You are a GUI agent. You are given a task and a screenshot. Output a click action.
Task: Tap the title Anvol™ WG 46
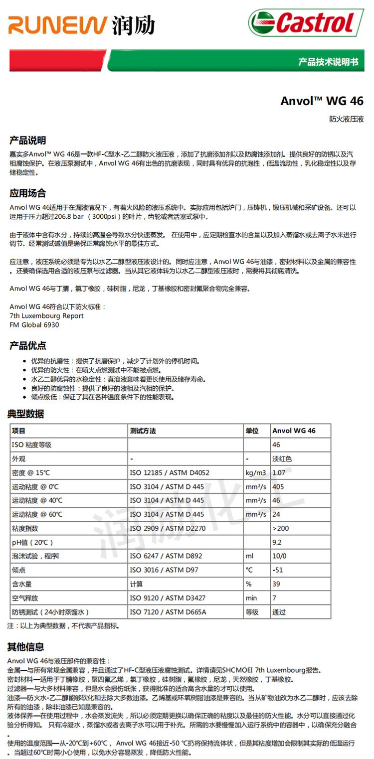(x=322, y=101)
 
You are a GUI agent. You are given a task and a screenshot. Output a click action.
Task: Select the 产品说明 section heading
(x=28, y=140)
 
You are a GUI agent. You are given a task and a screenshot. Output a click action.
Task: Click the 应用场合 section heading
(x=28, y=193)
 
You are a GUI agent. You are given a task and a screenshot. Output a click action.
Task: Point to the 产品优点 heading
(x=28, y=345)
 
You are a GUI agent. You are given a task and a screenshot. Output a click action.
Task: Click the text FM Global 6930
(x=34, y=325)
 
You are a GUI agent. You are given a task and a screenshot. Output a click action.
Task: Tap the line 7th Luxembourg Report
(x=47, y=316)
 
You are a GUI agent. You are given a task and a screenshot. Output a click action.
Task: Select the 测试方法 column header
(x=143, y=431)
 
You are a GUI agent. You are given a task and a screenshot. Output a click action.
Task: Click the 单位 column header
(x=252, y=431)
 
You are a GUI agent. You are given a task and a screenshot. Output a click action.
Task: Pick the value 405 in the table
(x=278, y=486)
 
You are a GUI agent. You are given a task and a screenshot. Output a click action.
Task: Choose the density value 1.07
(x=279, y=472)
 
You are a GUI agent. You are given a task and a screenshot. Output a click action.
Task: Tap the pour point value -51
(x=278, y=570)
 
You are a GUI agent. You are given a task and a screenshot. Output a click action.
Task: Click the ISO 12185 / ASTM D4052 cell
(x=170, y=472)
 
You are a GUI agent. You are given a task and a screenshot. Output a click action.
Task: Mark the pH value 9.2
(x=277, y=542)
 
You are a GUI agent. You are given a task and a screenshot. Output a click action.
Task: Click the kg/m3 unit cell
(x=255, y=472)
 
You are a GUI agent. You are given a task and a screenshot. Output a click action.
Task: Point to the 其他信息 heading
(x=25, y=647)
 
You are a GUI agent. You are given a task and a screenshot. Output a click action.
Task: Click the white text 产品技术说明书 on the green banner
(x=328, y=62)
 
